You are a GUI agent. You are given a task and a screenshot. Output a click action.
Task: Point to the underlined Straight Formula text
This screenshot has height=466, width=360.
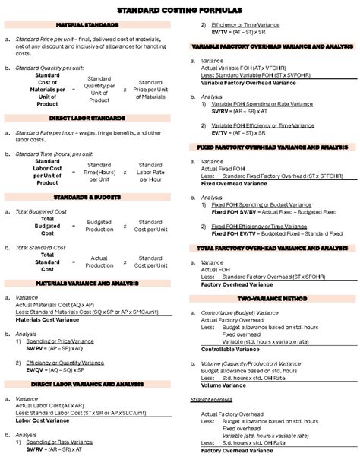(x=211, y=399)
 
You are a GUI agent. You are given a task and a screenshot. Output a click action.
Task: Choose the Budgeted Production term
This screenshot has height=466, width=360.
(x=99, y=226)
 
